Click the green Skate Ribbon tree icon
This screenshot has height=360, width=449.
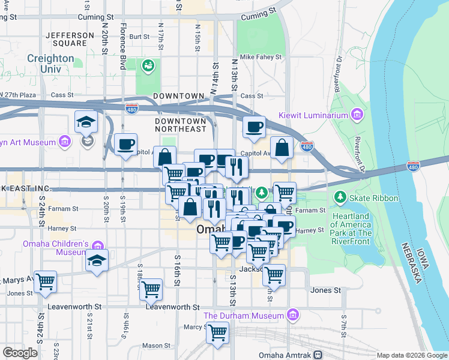(340, 197)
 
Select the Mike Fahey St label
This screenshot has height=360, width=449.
(261, 57)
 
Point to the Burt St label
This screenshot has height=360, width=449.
(139, 37)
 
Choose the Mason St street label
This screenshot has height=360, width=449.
(156, 346)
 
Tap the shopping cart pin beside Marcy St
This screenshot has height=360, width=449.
(218, 331)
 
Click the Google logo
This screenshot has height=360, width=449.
(20, 353)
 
